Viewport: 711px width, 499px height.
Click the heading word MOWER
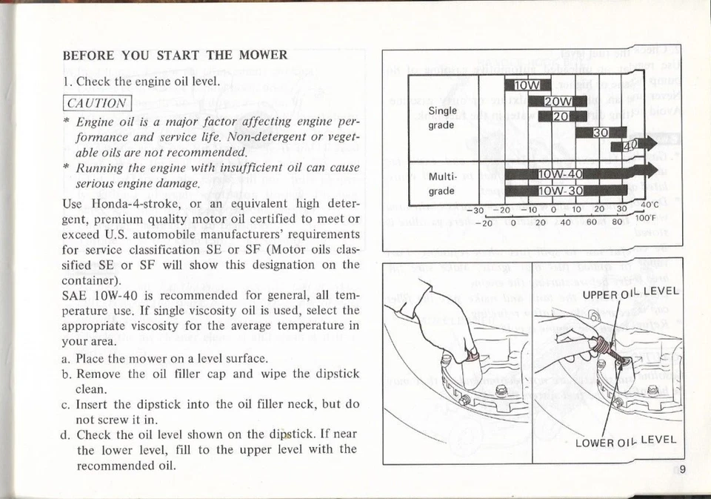click(x=263, y=56)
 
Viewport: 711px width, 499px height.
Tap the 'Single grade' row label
click(x=443, y=118)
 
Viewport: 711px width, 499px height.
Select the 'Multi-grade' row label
click(x=443, y=185)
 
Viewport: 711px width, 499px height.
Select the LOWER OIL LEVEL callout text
click(x=627, y=442)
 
